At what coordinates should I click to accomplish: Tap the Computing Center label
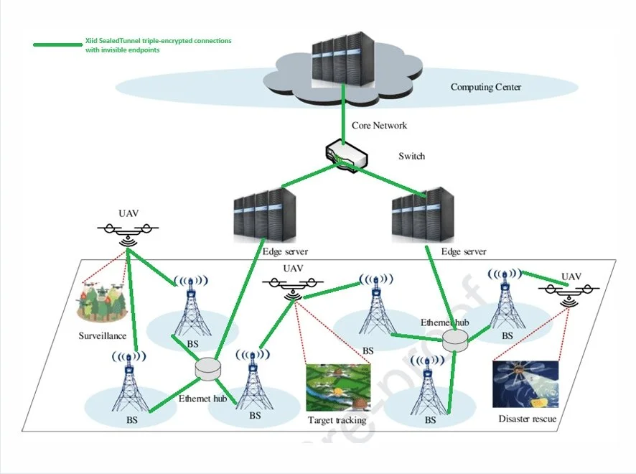click(485, 88)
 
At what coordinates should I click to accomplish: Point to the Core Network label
click(379, 126)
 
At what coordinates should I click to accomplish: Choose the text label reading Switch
click(411, 156)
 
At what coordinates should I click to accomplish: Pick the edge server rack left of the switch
click(264, 215)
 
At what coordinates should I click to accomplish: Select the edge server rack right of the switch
click(424, 215)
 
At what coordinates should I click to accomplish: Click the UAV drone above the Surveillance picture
click(128, 231)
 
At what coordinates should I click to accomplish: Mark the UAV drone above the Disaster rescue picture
click(570, 292)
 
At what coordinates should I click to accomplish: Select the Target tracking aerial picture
click(338, 387)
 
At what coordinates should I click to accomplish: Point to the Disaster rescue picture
click(525, 384)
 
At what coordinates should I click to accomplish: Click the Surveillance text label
click(103, 335)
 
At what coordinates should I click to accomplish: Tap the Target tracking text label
click(337, 420)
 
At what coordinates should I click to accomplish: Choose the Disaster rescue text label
click(527, 419)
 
